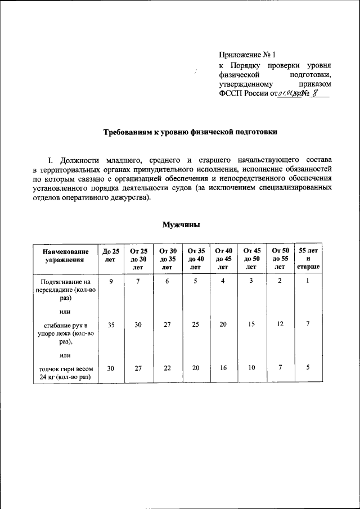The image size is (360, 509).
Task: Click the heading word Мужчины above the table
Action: [181, 224]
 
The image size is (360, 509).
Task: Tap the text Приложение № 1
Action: [247, 55]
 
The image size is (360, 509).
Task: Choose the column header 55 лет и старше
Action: [308, 259]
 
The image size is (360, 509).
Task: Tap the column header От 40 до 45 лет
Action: [224, 259]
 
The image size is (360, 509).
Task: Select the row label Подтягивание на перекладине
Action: [65, 290]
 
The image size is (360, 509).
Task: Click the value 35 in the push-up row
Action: [111, 325]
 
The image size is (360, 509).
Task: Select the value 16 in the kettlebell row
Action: [224, 368]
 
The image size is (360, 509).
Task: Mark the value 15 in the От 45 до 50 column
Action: [251, 325]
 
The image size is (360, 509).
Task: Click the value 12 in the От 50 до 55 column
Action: [280, 325]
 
